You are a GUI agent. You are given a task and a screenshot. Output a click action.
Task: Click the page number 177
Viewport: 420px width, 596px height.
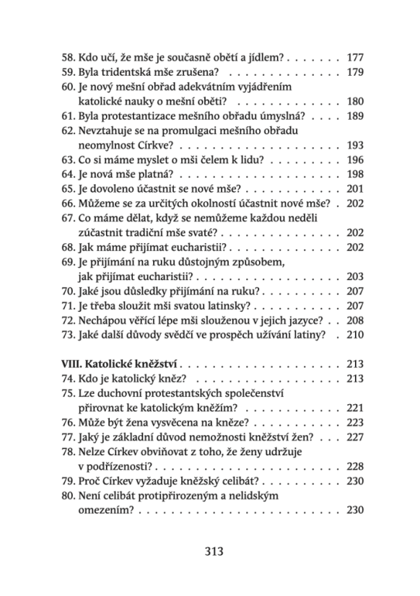point(355,56)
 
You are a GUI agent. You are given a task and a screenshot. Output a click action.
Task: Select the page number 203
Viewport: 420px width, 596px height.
point(355,285)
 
